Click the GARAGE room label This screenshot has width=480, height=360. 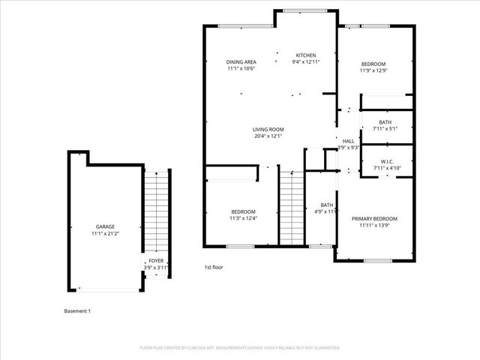pos(104,226)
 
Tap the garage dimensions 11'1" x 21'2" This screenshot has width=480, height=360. pos(104,233)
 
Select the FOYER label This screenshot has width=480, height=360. pos(156,261)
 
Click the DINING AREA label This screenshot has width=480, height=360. pos(241,61)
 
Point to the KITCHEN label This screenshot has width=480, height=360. pos(305,55)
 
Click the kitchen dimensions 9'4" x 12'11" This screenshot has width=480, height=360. pos(305,62)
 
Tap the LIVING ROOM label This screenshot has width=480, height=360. pos(268,129)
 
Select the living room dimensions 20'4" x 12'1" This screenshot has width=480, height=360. pos(268,136)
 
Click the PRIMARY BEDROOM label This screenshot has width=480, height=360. pos(374,218)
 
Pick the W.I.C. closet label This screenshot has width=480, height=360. pos(387,161)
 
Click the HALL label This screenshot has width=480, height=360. pos(348,141)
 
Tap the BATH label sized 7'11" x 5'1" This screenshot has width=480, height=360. pos(385,122)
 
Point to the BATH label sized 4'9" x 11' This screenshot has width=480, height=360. pos(327,205)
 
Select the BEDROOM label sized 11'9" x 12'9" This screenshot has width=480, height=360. pos(373,64)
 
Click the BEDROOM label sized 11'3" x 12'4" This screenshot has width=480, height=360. pos(243,211)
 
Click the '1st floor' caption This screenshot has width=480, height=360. pos(214,267)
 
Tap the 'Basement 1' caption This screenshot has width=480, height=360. pos(77,310)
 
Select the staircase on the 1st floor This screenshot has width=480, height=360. pos(291,207)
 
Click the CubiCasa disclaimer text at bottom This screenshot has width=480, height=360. pos(240,348)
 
